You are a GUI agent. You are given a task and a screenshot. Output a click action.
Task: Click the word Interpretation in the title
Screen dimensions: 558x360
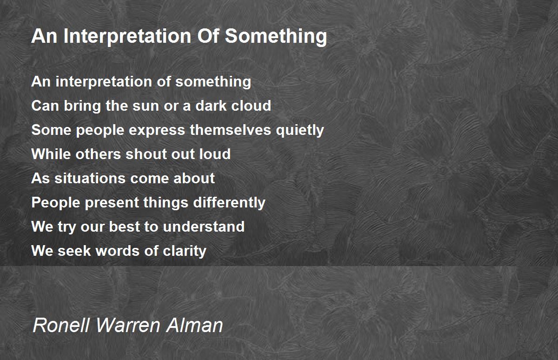pos(127,36)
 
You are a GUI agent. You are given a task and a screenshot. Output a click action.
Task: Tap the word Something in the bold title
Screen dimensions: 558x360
pos(276,36)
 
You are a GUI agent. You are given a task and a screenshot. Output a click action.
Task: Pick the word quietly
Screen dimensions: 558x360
pos(300,130)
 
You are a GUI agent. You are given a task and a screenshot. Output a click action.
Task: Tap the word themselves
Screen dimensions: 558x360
pos(230,130)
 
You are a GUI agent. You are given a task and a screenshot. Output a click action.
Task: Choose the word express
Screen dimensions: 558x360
pos(157,131)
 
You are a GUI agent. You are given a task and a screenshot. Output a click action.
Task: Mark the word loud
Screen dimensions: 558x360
pos(215,154)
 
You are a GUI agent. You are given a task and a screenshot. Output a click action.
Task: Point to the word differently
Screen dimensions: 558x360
pos(229,203)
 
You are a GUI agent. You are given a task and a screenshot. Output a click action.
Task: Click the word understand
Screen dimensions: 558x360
pos(204,227)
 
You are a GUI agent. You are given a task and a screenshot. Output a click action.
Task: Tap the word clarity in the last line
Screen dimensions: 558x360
pos(185,251)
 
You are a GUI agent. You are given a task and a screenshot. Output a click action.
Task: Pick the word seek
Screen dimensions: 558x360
pos(74,251)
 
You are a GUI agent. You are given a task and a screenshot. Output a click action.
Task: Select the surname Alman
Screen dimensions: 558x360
pos(194,325)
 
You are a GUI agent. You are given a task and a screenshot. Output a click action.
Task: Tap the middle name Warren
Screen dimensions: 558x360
pos(128,325)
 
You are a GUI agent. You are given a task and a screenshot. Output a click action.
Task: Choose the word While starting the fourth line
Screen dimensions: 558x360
pos(51,154)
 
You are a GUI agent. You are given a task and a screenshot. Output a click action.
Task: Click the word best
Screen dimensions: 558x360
pos(124,227)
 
